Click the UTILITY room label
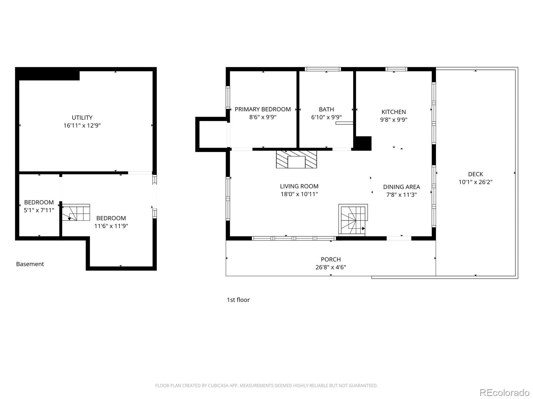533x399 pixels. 82,118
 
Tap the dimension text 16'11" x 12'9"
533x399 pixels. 82,125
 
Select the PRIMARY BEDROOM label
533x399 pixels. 263,109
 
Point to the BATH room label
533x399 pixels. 326,109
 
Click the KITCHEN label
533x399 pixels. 394,112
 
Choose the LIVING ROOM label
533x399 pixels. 299,186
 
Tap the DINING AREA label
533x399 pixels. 402,187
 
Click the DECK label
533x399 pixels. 475,174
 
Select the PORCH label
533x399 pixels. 331,259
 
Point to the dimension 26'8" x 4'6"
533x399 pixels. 331,267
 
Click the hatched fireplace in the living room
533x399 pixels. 296,159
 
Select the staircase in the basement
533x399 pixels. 76,212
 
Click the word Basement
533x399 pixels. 30,264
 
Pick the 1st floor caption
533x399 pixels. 238,300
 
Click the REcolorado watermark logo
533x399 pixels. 504,392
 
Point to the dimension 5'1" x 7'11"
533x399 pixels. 39,210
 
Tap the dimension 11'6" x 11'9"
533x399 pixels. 111,226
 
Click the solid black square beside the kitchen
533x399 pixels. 362,143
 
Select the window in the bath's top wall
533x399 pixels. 323,69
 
